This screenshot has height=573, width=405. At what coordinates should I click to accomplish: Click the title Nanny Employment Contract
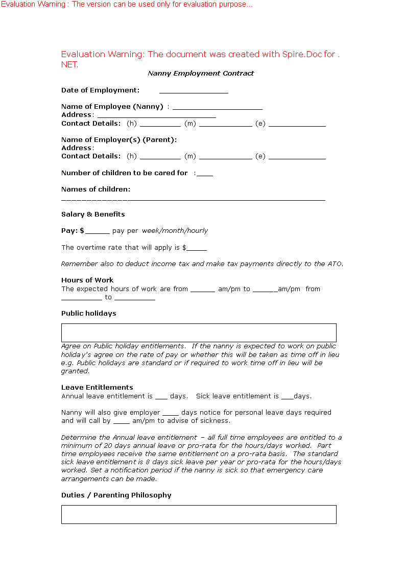tap(201, 74)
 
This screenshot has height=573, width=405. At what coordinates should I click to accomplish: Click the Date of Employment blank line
tap(194, 91)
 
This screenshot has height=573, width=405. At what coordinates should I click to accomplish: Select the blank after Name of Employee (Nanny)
tap(217, 108)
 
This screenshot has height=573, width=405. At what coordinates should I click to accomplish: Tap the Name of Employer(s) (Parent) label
tap(119, 139)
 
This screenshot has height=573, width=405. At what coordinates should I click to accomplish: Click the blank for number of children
tap(205, 175)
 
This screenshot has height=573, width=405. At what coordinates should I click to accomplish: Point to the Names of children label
tap(96, 189)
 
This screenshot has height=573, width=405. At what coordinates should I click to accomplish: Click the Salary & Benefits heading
tap(93, 214)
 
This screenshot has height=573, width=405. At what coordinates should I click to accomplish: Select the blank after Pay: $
tap(98, 232)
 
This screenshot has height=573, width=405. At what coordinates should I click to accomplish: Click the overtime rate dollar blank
tap(197, 249)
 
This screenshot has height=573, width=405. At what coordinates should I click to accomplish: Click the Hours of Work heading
tap(87, 280)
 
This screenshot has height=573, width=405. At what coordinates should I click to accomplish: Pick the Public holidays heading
tap(89, 314)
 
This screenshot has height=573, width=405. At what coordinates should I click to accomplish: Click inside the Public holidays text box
tap(199, 332)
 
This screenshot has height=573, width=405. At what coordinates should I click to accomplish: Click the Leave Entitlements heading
tap(97, 388)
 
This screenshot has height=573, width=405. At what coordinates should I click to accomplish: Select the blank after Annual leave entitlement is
tap(161, 397)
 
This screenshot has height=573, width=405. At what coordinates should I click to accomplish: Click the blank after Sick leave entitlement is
tap(288, 397)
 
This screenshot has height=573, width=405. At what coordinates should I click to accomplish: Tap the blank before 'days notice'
tap(171, 414)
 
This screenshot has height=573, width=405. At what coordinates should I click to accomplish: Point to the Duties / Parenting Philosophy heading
tap(116, 495)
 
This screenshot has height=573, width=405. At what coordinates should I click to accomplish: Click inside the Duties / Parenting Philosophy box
tap(199, 514)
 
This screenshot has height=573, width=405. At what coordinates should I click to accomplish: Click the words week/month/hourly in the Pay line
tap(175, 231)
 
